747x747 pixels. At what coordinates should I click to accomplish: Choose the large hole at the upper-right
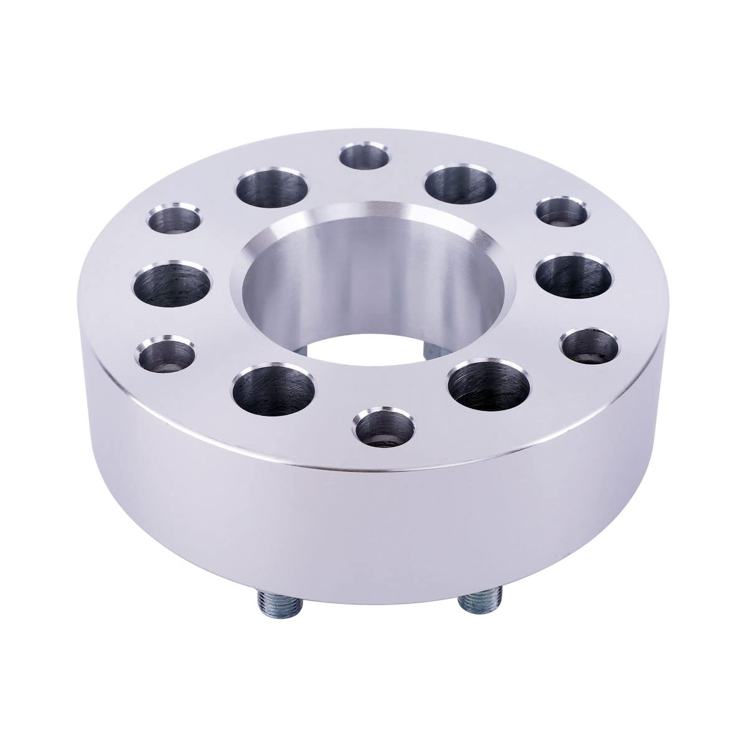coord(461,186)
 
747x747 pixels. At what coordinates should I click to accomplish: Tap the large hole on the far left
coord(170,284)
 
